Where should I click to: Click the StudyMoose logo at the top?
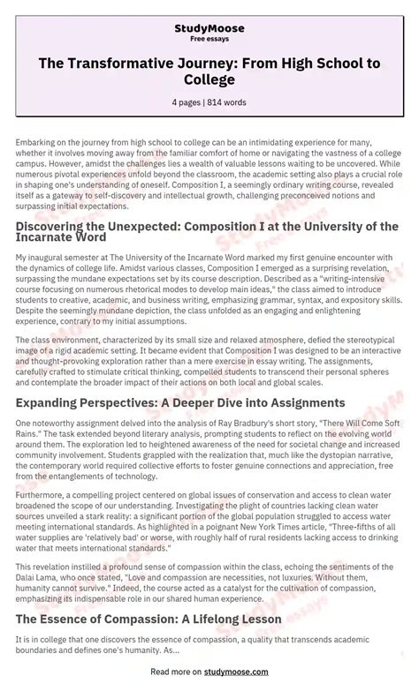point(209,28)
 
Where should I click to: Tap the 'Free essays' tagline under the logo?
point(209,40)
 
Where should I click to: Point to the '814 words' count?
point(229,102)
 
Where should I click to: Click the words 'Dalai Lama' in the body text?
point(33,567)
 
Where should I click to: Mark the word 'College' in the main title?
point(209,79)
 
